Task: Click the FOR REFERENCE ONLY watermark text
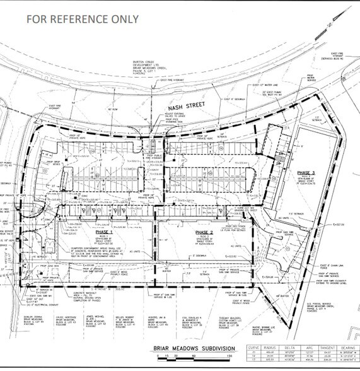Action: click(x=83, y=18)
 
